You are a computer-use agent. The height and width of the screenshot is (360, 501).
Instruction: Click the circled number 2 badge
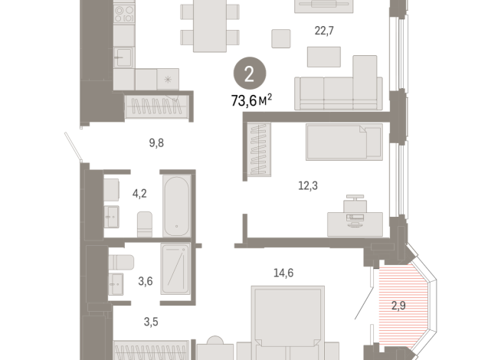[x=250, y=74]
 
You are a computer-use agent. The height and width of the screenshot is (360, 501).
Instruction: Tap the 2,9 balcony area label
[x=399, y=306]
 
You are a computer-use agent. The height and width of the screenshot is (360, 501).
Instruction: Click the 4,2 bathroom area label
[x=139, y=194]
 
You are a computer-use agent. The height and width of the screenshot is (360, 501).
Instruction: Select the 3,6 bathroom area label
[x=145, y=281]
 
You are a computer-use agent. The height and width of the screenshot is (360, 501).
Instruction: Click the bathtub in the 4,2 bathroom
[x=176, y=205]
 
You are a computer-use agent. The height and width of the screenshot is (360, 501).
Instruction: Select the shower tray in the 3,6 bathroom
[x=179, y=268]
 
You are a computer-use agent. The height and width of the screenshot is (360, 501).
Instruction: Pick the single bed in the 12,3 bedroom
[x=344, y=142]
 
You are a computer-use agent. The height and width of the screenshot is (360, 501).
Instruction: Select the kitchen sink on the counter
[x=123, y=57]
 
